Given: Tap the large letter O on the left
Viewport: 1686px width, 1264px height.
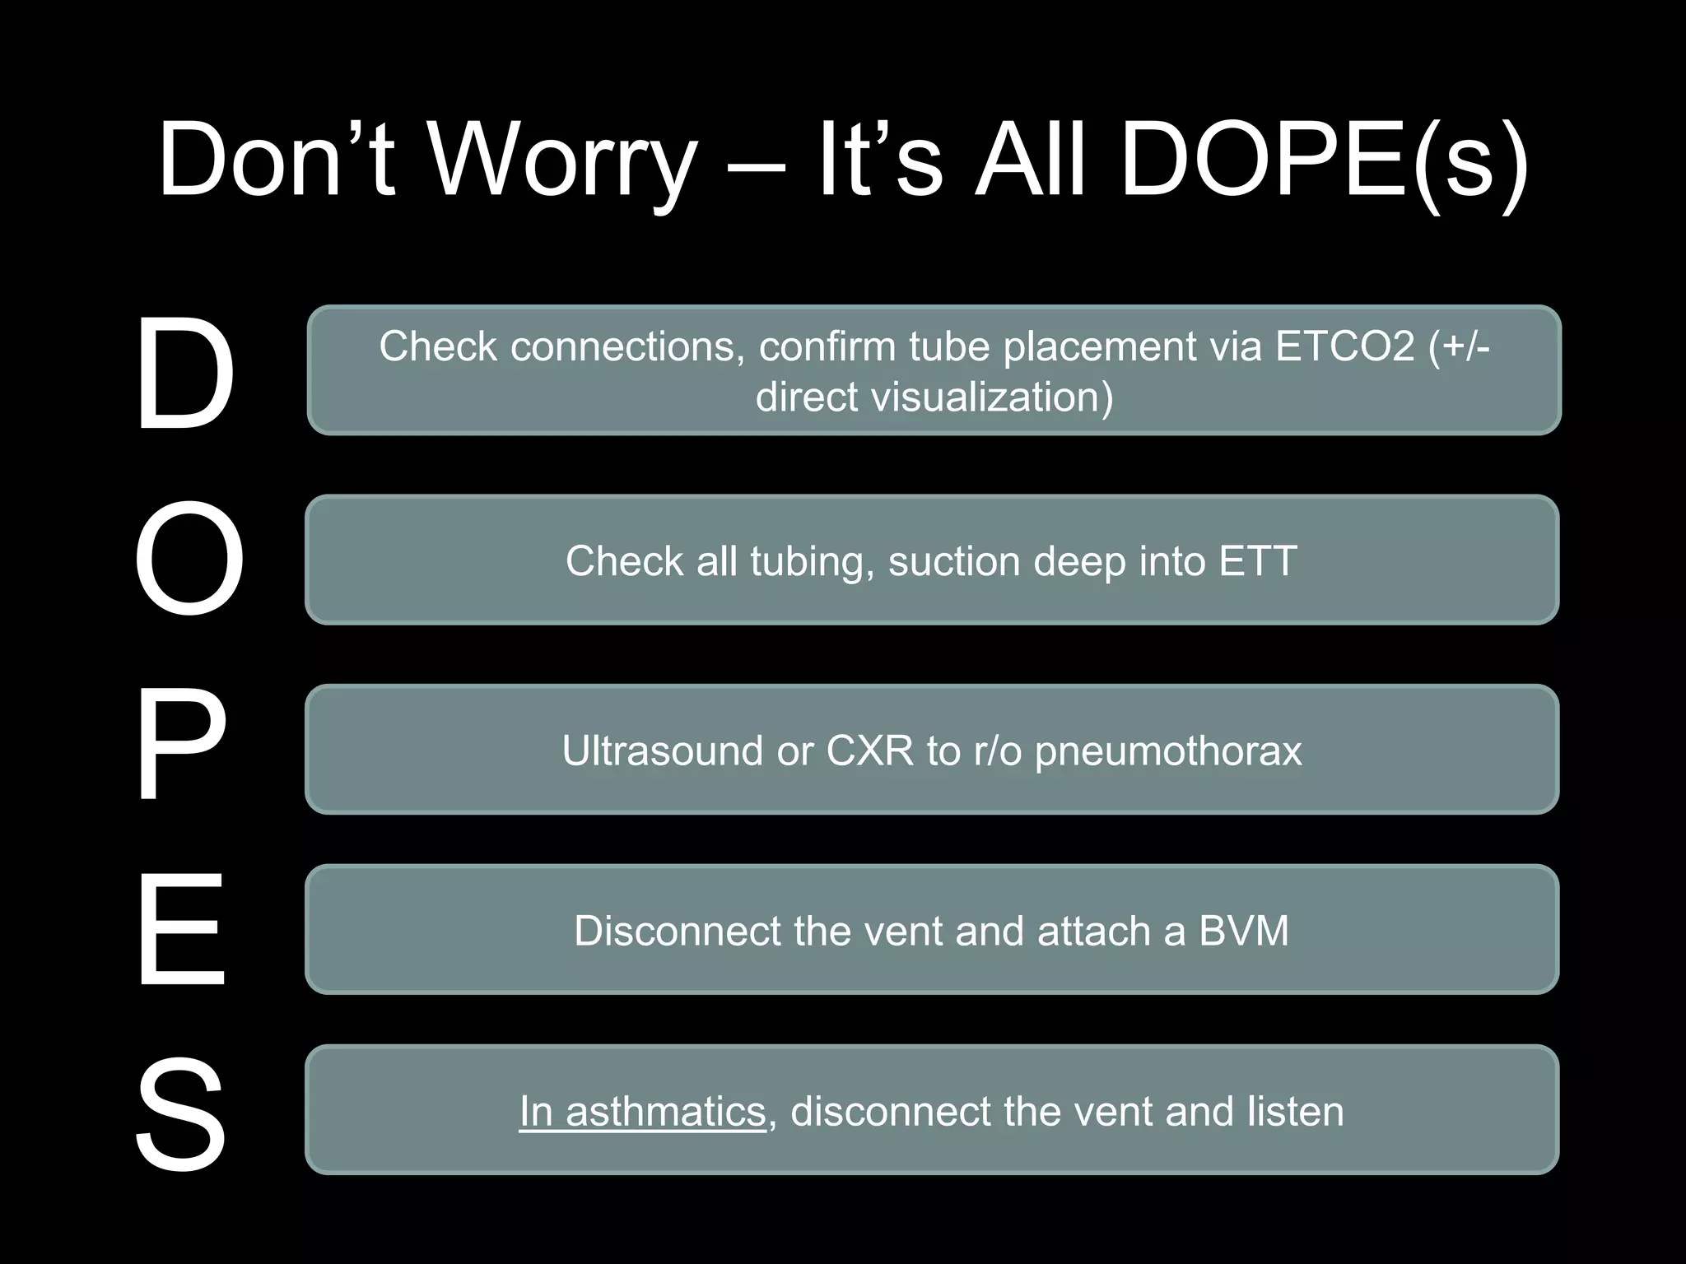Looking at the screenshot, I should (x=189, y=560).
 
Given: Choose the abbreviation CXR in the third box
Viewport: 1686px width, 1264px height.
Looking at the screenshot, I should (x=870, y=750).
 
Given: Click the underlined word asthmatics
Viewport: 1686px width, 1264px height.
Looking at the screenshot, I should (x=665, y=1112).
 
